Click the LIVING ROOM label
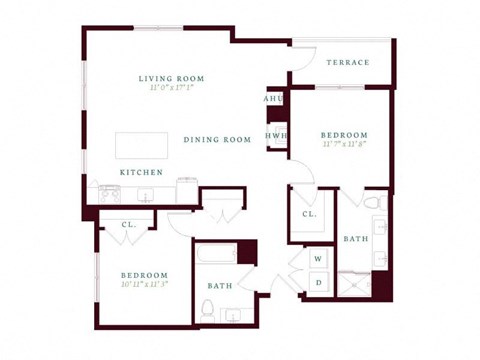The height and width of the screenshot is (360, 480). click(172, 78)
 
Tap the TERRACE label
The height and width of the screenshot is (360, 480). click(348, 63)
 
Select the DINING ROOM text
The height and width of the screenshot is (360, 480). click(217, 140)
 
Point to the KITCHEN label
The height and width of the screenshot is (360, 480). click(141, 172)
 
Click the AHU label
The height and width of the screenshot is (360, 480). click(274, 99)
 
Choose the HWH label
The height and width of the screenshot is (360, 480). click(277, 135)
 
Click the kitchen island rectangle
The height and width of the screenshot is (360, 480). click(140, 145)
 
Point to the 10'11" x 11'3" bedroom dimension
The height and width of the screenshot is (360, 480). click(145, 283)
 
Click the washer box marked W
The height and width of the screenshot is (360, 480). click(318, 259)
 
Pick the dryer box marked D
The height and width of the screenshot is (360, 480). click(318, 283)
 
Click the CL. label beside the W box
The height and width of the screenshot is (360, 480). click(309, 214)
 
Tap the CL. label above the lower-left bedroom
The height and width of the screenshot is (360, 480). click(129, 225)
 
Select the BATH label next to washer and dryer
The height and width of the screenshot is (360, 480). click(355, 239)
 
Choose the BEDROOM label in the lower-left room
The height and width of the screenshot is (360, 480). click(145, 273)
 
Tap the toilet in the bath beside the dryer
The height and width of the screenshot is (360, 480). click(373, 203)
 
